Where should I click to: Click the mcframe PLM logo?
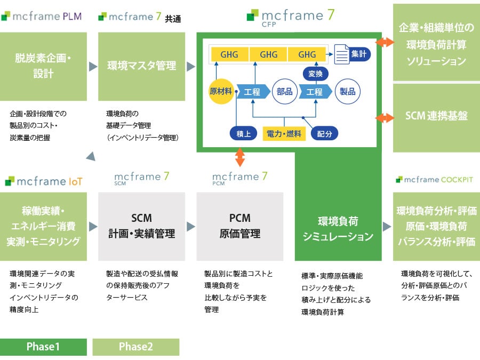tap(42, 17)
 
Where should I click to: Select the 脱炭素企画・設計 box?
tap(43, 66)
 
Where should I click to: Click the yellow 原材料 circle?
tap(221, 91)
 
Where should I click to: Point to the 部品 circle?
tap(285, 91)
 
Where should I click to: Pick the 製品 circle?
tap(348, 91)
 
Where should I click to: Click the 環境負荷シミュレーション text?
tap(338, 230)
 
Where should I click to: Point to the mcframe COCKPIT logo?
tap(435, 179)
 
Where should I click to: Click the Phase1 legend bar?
tap(43, 347)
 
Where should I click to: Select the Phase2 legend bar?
tap(136, 347)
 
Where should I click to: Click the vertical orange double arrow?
tap(240, 157)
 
